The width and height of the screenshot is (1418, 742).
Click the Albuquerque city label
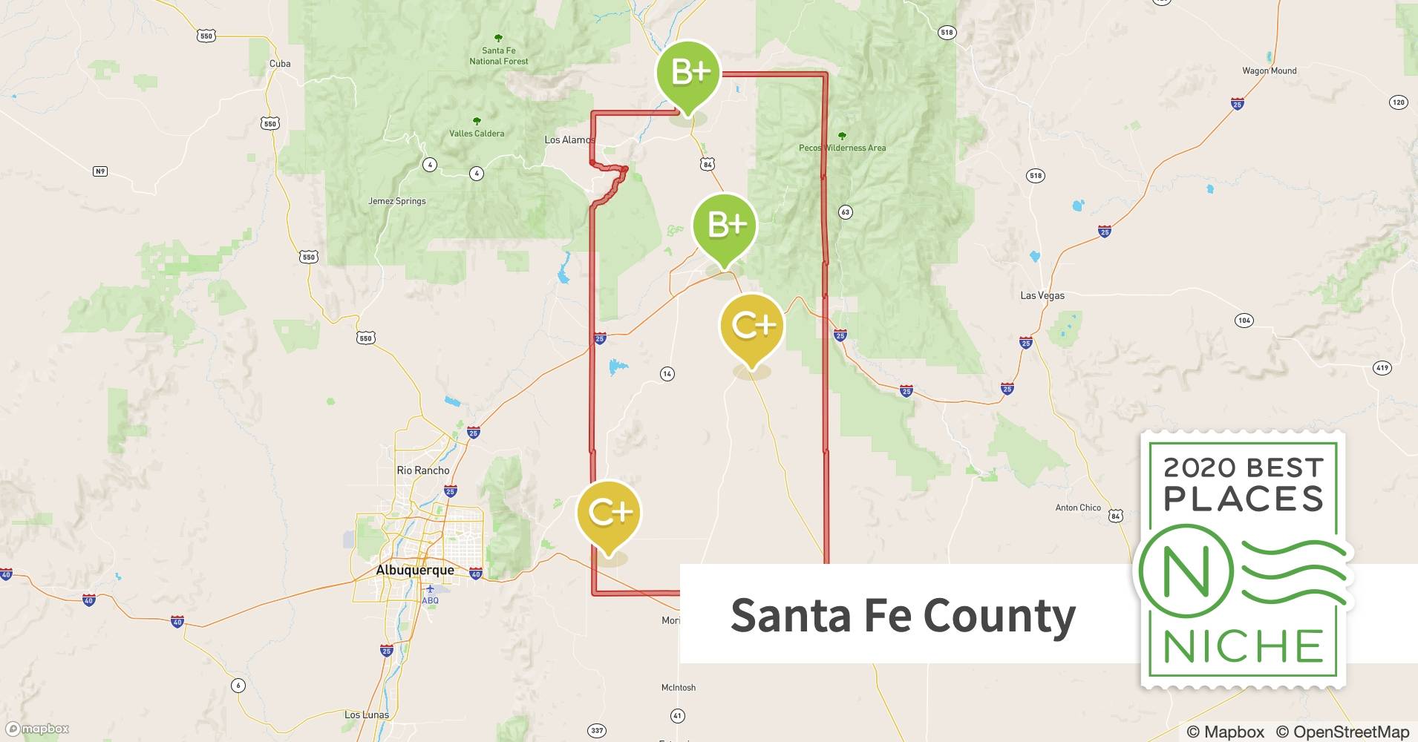click(415, 570)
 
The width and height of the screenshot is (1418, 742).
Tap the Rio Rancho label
click(423, 470)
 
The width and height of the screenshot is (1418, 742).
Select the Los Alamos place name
click(569, 139)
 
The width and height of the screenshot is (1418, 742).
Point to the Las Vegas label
click(1042, 295)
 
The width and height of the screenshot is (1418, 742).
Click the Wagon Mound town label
click(1270, 71)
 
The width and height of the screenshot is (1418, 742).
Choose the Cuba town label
click(280, 64)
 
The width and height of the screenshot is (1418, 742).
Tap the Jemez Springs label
click(397, 201)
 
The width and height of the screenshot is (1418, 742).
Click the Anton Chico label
click(1078, 508)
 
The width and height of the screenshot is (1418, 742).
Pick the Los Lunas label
click(367, 715)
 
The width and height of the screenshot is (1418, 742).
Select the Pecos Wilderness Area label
click(842, 148)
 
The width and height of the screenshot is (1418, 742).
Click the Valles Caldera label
click(477, 134)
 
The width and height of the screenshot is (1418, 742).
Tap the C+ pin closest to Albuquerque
click(609, 513)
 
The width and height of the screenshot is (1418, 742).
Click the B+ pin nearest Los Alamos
click(688, 74)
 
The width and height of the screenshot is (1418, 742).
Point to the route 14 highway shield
click(667, 374)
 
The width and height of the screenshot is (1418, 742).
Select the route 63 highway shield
click(845, 212)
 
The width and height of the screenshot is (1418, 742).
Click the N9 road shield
click(100, 171)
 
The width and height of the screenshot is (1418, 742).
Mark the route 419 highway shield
click(1382, 367)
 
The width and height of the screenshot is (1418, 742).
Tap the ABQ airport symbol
click(429, 590)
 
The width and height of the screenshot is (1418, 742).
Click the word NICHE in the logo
click(1243, 646)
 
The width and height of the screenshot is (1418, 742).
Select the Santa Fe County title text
click(903, 615)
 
